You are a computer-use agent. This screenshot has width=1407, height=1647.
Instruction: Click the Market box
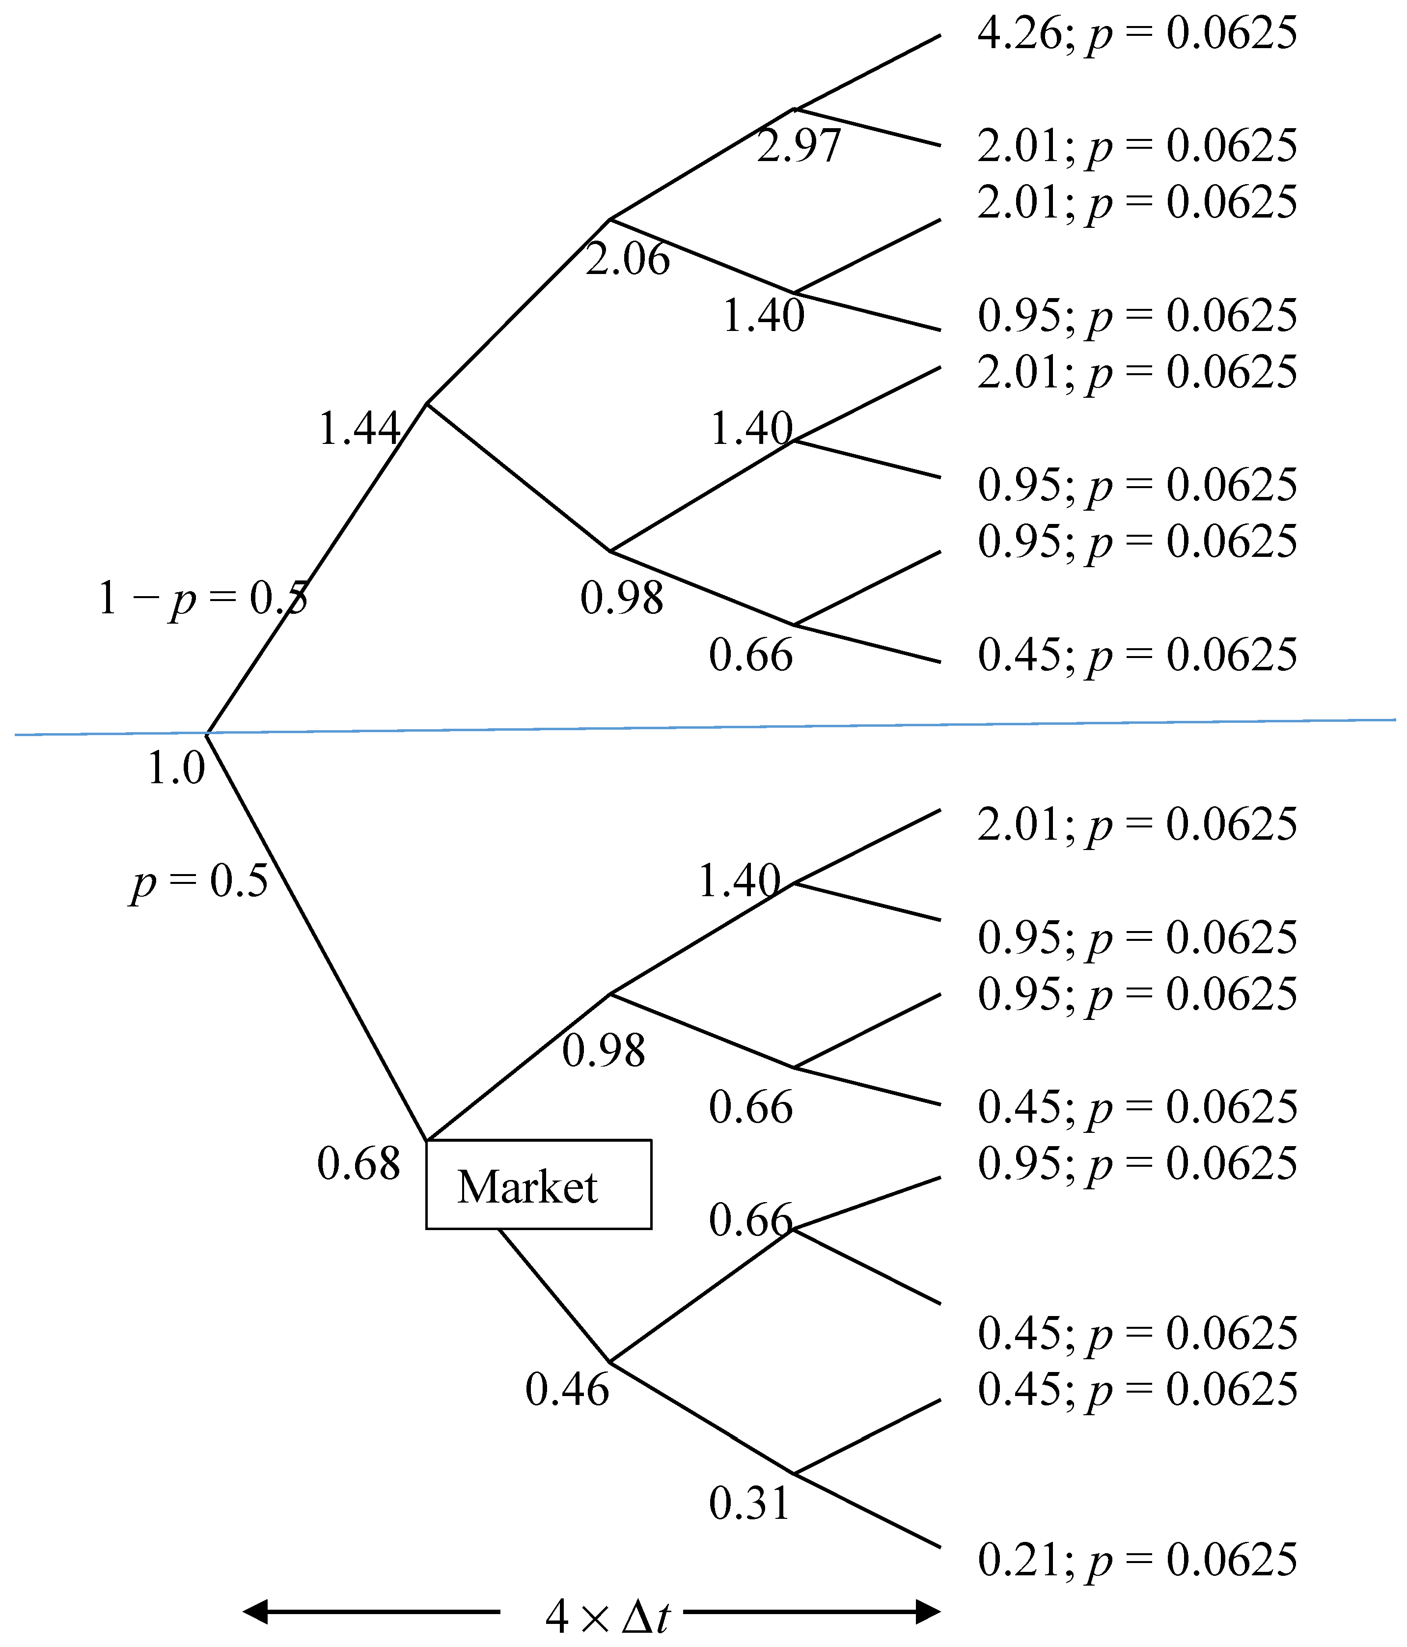[x=538, y=1184]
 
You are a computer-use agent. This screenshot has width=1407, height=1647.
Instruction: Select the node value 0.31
[x=749, y=1503]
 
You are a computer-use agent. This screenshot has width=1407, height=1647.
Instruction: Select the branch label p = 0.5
[x=199, y=881]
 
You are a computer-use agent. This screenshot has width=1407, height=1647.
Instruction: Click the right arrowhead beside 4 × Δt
[x=928, y=1611]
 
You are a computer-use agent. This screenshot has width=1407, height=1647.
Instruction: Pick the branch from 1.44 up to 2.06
[x=518, y=311]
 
